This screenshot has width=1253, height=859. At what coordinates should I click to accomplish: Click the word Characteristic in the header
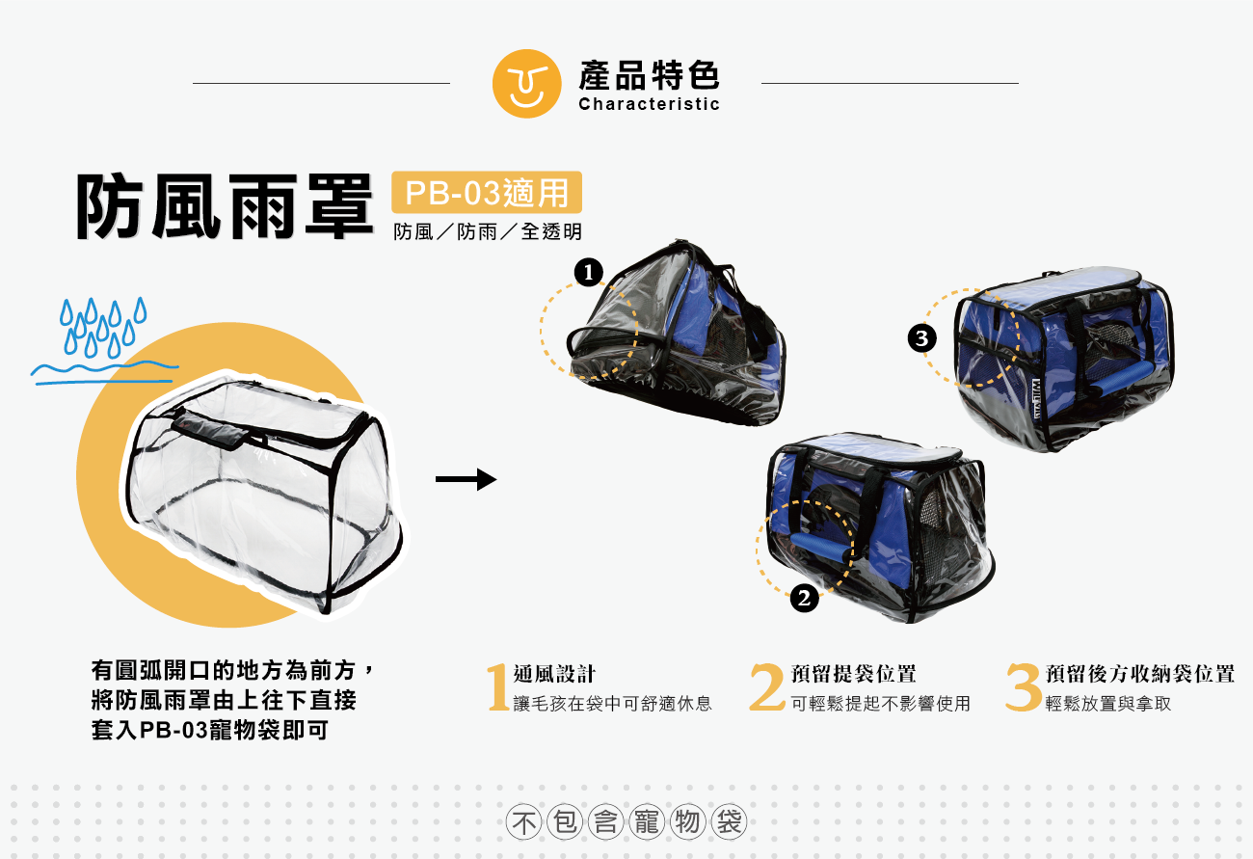649,104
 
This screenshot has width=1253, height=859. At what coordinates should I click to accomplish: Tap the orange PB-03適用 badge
487,193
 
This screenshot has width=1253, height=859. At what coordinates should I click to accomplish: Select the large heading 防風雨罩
224,206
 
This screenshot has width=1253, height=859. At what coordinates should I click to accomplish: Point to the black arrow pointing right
466,479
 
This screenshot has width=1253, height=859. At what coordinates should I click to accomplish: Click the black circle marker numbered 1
588,273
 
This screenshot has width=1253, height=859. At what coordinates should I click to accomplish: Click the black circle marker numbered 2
805,599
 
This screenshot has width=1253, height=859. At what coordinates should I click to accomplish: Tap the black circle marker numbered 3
922,338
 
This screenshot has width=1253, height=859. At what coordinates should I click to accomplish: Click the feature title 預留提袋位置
853,674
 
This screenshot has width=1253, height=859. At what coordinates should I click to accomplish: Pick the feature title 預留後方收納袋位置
1139,674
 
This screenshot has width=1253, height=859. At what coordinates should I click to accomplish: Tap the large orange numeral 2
767,687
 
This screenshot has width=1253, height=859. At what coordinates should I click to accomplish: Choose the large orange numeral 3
1023,687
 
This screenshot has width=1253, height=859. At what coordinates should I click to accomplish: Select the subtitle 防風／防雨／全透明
488,232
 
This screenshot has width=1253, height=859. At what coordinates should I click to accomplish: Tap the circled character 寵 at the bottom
647,823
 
